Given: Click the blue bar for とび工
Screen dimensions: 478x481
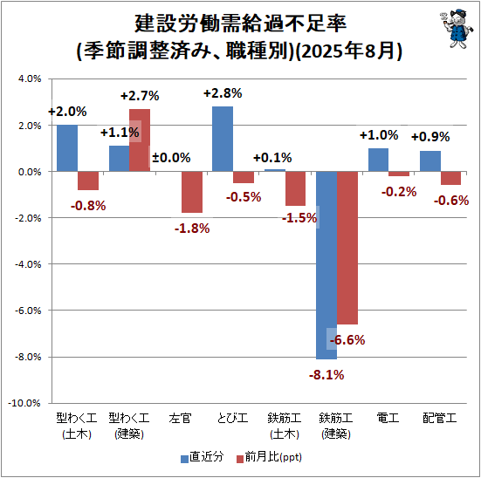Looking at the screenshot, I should tap(223, 139).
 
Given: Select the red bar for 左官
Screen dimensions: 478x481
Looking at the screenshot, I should tap(192, 192).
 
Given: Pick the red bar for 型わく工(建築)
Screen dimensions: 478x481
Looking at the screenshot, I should tap(140, 140).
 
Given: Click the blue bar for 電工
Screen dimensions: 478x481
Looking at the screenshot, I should tap(378, 160).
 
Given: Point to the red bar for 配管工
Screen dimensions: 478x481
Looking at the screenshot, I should tap(450, 178).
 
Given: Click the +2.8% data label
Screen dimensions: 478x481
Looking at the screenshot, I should tap(223, 93).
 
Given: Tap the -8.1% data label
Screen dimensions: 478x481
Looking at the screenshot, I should tap(326, 375).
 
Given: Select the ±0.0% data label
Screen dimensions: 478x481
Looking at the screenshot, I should tap(171, 157).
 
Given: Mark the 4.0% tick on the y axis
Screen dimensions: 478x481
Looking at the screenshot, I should tap(30, 79).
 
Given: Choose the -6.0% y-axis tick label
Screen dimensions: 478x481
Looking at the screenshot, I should tap(28, 311).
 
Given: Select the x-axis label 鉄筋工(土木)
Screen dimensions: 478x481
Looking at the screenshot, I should tap(285, 427).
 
